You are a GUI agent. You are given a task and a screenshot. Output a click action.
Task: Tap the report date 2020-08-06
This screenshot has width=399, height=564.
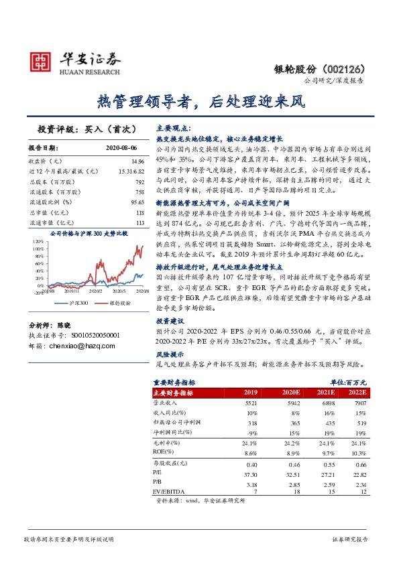(121, 147)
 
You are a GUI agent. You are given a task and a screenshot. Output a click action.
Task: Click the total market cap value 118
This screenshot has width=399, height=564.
(139, 212)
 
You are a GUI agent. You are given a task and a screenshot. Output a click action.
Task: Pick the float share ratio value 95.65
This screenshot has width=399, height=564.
(137, 202)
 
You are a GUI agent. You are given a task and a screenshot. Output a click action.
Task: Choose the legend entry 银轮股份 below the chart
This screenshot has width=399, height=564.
(119, 303)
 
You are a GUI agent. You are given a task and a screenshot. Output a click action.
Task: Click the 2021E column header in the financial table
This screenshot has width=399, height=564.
(325, 393)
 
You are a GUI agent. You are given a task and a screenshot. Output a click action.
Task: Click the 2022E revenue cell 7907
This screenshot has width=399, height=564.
(361, 403)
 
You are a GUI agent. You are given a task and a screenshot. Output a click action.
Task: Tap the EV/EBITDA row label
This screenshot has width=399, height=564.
(170, 492)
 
